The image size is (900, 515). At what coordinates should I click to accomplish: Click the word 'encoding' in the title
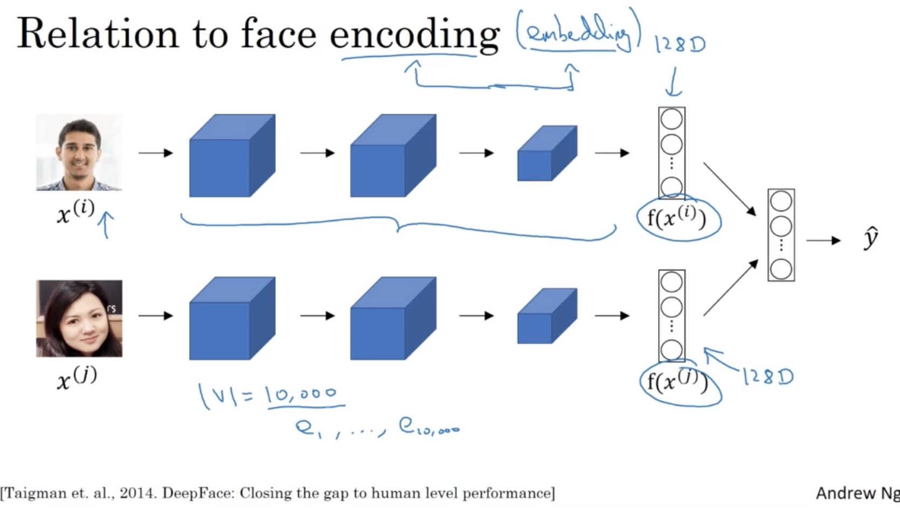[414, 34]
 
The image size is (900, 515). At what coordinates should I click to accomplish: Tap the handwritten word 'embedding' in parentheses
[578, 34]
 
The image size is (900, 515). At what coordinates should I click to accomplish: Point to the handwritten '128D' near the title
[680, 44]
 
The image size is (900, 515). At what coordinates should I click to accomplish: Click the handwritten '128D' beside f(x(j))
[768, 377]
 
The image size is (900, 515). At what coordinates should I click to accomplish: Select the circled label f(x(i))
[677, 218]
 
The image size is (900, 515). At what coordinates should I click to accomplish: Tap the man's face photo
[79, 152]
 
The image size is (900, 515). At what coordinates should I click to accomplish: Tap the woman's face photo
[79, 318]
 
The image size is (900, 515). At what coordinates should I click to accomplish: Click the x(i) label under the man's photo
[75, 211]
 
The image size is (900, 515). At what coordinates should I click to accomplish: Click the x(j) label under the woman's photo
[77, 377]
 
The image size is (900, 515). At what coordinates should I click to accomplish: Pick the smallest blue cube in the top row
[546, 154]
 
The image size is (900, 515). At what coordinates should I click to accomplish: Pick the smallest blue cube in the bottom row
[546, 316]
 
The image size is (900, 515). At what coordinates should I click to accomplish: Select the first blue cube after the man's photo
[232, 156]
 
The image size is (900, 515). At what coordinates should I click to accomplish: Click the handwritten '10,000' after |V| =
[301, 395]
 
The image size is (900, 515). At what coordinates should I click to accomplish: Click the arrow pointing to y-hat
[823, 240]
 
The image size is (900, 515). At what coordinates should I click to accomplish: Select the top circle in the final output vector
[781, 201]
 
